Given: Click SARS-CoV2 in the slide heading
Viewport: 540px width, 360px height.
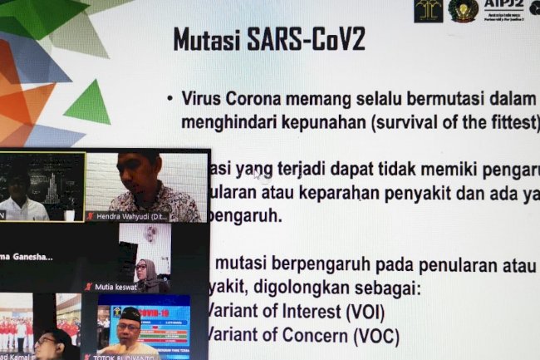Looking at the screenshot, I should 309,39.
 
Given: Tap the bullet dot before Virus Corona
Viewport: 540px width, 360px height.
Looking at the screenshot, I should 169,98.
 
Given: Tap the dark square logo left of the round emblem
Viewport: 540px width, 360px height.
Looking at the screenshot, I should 428,10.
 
